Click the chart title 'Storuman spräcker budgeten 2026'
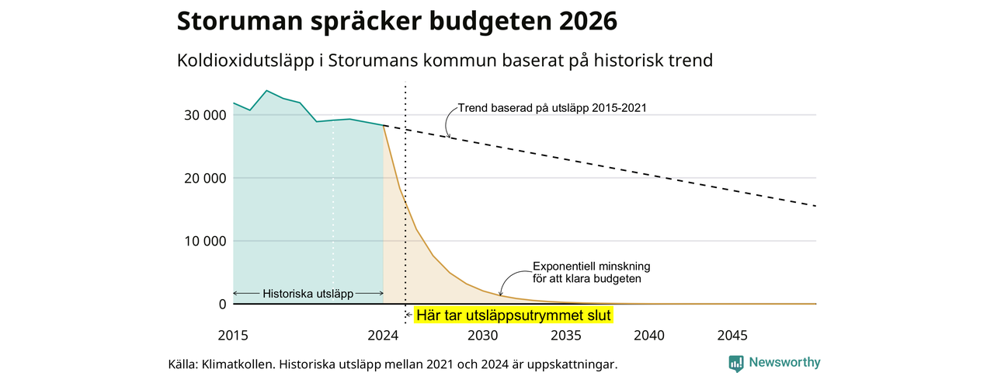(397, 21)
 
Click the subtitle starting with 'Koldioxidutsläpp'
(445, 61)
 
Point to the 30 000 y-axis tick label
(205, 115)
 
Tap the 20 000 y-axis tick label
(205, 178)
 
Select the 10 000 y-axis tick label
(205, 241)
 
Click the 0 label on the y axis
(222, 304)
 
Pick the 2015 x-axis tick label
(233, 335)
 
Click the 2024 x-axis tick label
(383, 335)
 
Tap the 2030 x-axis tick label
(483, 335)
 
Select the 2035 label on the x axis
(566, 335)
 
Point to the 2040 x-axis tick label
(649, 335)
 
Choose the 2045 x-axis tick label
(732, 335)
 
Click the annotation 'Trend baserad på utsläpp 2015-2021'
(552, 108)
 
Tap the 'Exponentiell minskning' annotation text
(592, 267)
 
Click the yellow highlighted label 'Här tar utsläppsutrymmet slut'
(514, 315)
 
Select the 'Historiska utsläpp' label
(308, 294)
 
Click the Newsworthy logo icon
(735, 363)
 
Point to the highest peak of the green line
(266, 91)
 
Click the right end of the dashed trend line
(816, 206)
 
